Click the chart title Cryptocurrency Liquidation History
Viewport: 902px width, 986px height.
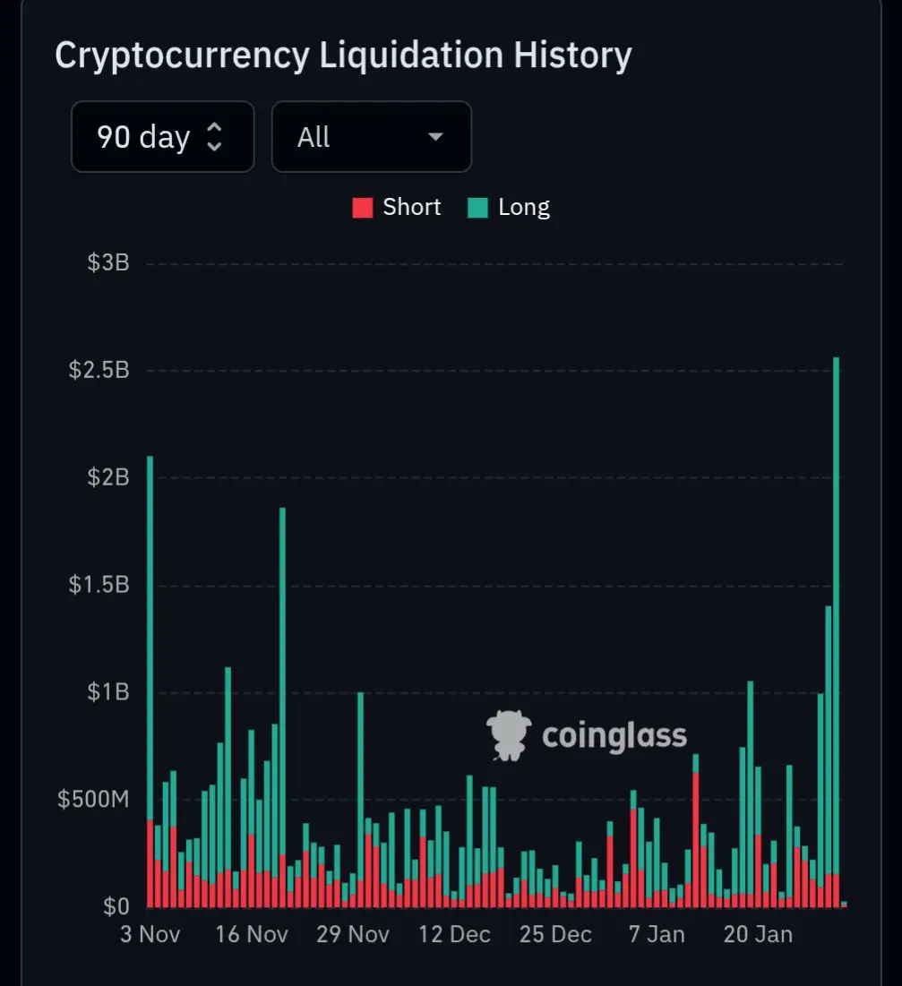(x=343, y=56)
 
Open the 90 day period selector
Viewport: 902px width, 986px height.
(x=162, y=137)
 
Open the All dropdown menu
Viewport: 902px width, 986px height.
(x=371, y=137)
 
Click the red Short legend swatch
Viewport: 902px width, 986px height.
(x=362, y=209)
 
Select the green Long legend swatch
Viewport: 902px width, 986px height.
(x=477, y=209)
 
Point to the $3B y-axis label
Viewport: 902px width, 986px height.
(x=108, y=263)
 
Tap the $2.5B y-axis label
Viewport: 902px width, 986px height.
(x=99, y=370)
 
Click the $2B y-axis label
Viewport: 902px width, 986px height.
(x=108, y=477)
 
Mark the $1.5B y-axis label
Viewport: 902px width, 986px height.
(x=99, y=585)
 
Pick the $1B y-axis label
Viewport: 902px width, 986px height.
(x=108, y=692)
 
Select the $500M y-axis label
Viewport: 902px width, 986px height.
(x=93, y=800)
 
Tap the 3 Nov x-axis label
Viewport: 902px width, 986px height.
(x=150, y=934)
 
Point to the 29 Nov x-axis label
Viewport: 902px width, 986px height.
(x=353, y=934)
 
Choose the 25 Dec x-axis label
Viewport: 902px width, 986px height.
(x=555, y=934)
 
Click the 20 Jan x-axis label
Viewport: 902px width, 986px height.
(x=758, y=934)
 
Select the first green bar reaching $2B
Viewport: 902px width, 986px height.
(x=150, y=627)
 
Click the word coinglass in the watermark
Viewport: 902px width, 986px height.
(x=614, y=736)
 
